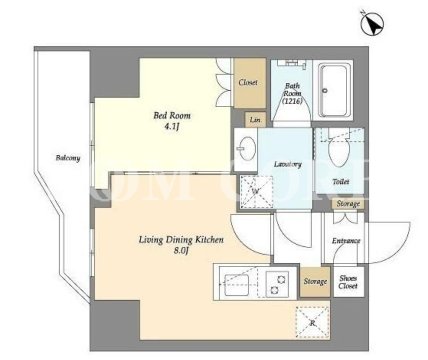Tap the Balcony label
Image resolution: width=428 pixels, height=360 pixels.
coord(68,158)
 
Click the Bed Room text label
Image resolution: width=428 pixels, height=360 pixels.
coord(172,116)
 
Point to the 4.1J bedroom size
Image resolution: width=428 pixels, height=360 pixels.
coord(172,127)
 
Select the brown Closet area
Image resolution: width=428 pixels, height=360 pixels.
coord(250,83)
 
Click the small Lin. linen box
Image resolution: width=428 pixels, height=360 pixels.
coord(255,119)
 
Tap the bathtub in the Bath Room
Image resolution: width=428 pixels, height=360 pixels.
coord(333,90)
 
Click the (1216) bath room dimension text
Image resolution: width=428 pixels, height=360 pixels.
coord(292,101)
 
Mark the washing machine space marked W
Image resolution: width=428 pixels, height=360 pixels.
coord(256,192)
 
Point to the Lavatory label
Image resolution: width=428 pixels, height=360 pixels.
coord(288,164)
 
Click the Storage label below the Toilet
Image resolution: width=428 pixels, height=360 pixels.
coord(348,204)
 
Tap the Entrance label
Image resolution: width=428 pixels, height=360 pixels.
coord(346,241)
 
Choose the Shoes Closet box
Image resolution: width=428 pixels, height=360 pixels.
coord(349,282)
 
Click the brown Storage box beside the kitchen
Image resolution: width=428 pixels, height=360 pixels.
coord(315,281)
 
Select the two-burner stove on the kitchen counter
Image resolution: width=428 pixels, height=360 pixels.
coord(277,284)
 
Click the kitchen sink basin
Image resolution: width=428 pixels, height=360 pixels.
coord(236,285)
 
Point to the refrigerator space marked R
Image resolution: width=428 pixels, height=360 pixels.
coord(312,322)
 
